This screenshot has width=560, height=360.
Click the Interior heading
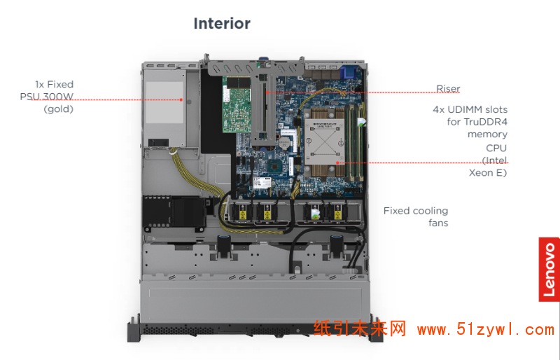222,24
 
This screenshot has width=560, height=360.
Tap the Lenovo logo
549,269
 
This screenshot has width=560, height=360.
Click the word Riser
448,89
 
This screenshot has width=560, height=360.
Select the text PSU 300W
46,97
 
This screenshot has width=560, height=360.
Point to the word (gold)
58,109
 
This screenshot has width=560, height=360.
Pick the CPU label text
496,148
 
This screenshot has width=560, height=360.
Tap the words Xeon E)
488,172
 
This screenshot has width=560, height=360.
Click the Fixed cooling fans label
416,216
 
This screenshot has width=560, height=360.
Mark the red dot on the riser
266,92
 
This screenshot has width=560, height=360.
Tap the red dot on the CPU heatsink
339,162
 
